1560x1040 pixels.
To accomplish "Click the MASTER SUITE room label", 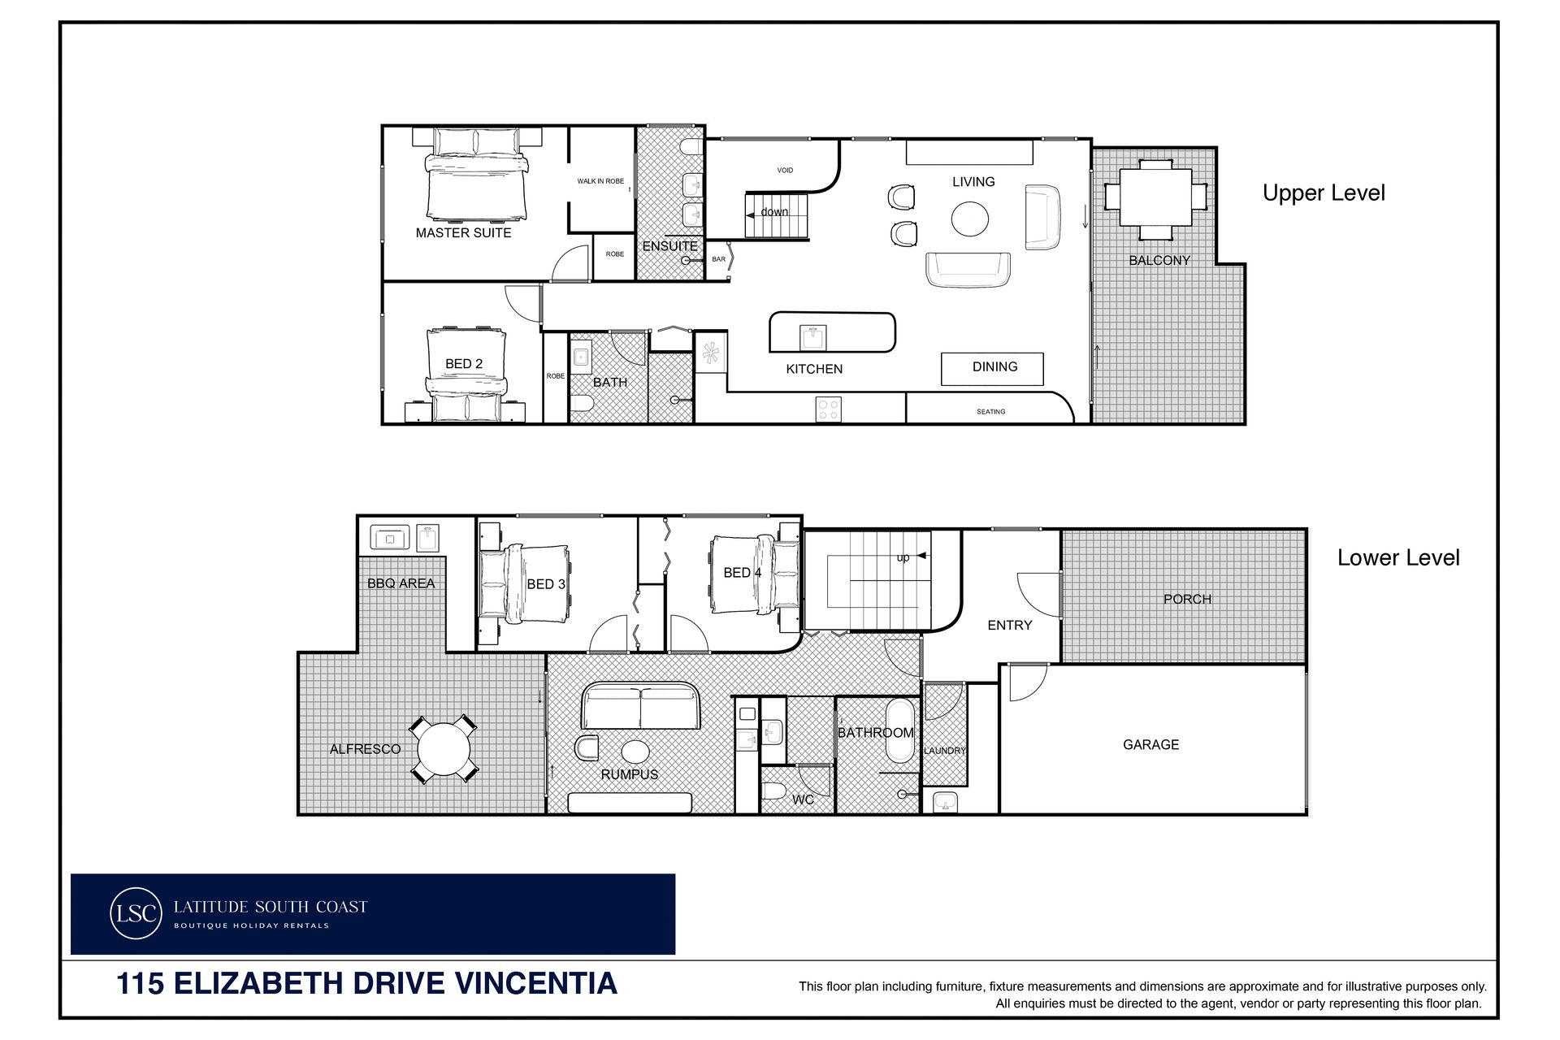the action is [x=463, y=232].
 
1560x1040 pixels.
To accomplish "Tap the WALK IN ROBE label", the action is [x=600, y=181].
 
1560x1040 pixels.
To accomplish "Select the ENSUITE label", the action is [x=669, y=246].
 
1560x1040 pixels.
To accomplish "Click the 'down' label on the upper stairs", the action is [x=774, y=212].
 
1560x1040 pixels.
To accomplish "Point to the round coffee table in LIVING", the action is [x=970, y=219].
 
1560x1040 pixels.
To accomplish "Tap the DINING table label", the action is [x=994, y=367].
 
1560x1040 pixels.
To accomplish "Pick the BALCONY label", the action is [x=1159, y=261].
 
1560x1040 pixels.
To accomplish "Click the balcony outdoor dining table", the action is [x=1155, y=198].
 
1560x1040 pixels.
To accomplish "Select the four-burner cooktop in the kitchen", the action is [x=828, y=409].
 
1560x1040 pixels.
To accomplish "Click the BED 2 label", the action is [x=464, y=364].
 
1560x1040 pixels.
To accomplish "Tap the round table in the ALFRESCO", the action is [x=443, y=748].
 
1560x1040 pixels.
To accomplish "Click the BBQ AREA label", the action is [x=401, y=583].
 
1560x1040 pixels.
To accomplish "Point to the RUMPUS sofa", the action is [x=640, y=705].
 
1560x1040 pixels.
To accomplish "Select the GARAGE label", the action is [x=1150, y=744].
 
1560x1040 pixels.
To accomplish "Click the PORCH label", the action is [x=1187, y=599].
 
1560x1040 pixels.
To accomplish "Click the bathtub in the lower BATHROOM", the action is [x=899, y=730].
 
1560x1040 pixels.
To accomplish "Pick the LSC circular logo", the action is [x=136, y=913].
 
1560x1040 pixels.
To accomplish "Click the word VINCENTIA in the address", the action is [x=535, y=983].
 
